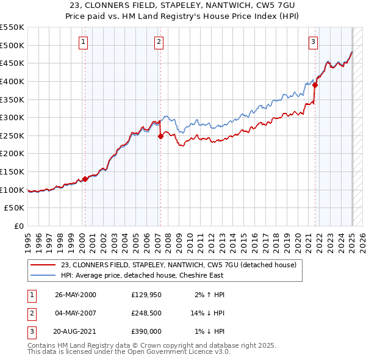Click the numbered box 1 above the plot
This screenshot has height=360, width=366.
tap(82, 42)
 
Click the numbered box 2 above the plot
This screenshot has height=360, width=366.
tap(158, 42)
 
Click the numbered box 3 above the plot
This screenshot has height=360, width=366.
tap(313, 42)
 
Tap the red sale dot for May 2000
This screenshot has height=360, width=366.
tap(85, 179)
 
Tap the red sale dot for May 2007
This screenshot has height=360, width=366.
tap(160, 136)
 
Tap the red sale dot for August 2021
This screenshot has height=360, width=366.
tap(315, 85)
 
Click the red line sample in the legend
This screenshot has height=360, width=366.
tap(43, 265)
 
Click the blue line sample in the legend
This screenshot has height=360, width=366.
tap(43, 275)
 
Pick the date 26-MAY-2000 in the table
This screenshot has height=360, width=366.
tap(76, 295)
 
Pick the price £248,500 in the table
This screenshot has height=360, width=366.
tap(146, 313)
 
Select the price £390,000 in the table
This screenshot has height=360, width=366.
tap(146, 331)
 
